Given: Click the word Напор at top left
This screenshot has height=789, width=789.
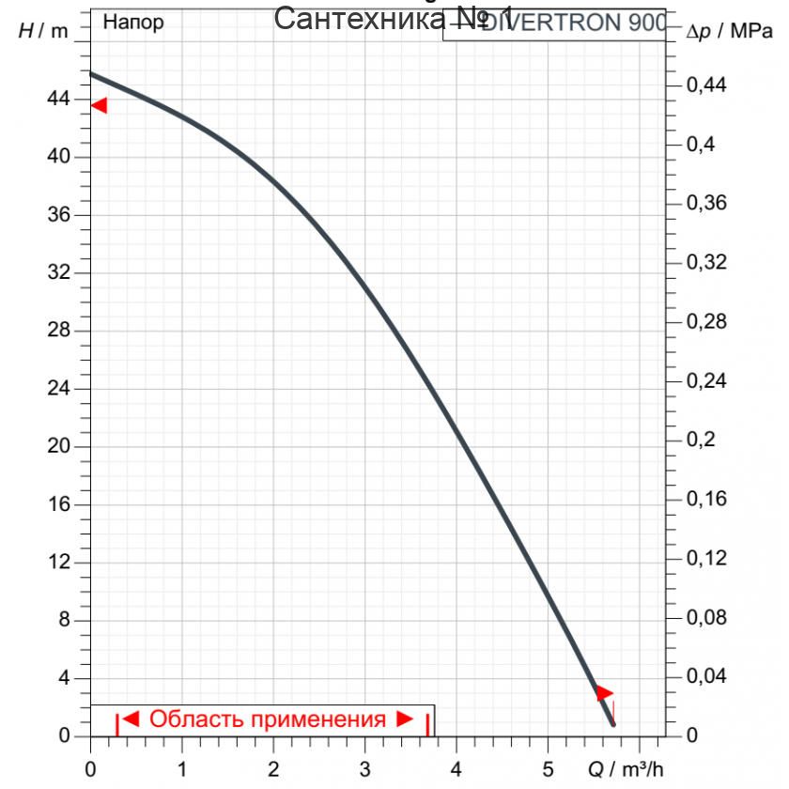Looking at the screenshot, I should [x=132, y=23].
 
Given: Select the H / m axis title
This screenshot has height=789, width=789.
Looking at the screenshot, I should [x=43, y=30].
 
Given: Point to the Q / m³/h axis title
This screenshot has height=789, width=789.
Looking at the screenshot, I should [x=626, y=769].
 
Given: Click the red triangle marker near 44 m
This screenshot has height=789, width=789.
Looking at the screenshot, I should [x=99, y=105].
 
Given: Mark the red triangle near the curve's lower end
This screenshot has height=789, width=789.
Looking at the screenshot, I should [x=604, y=693].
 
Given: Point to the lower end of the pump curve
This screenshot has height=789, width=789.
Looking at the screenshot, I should [x=612, y=724].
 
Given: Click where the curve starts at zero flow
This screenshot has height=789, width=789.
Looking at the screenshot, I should [x=91, y=73].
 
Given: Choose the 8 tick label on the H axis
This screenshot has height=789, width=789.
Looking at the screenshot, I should [x=65, y=620].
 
